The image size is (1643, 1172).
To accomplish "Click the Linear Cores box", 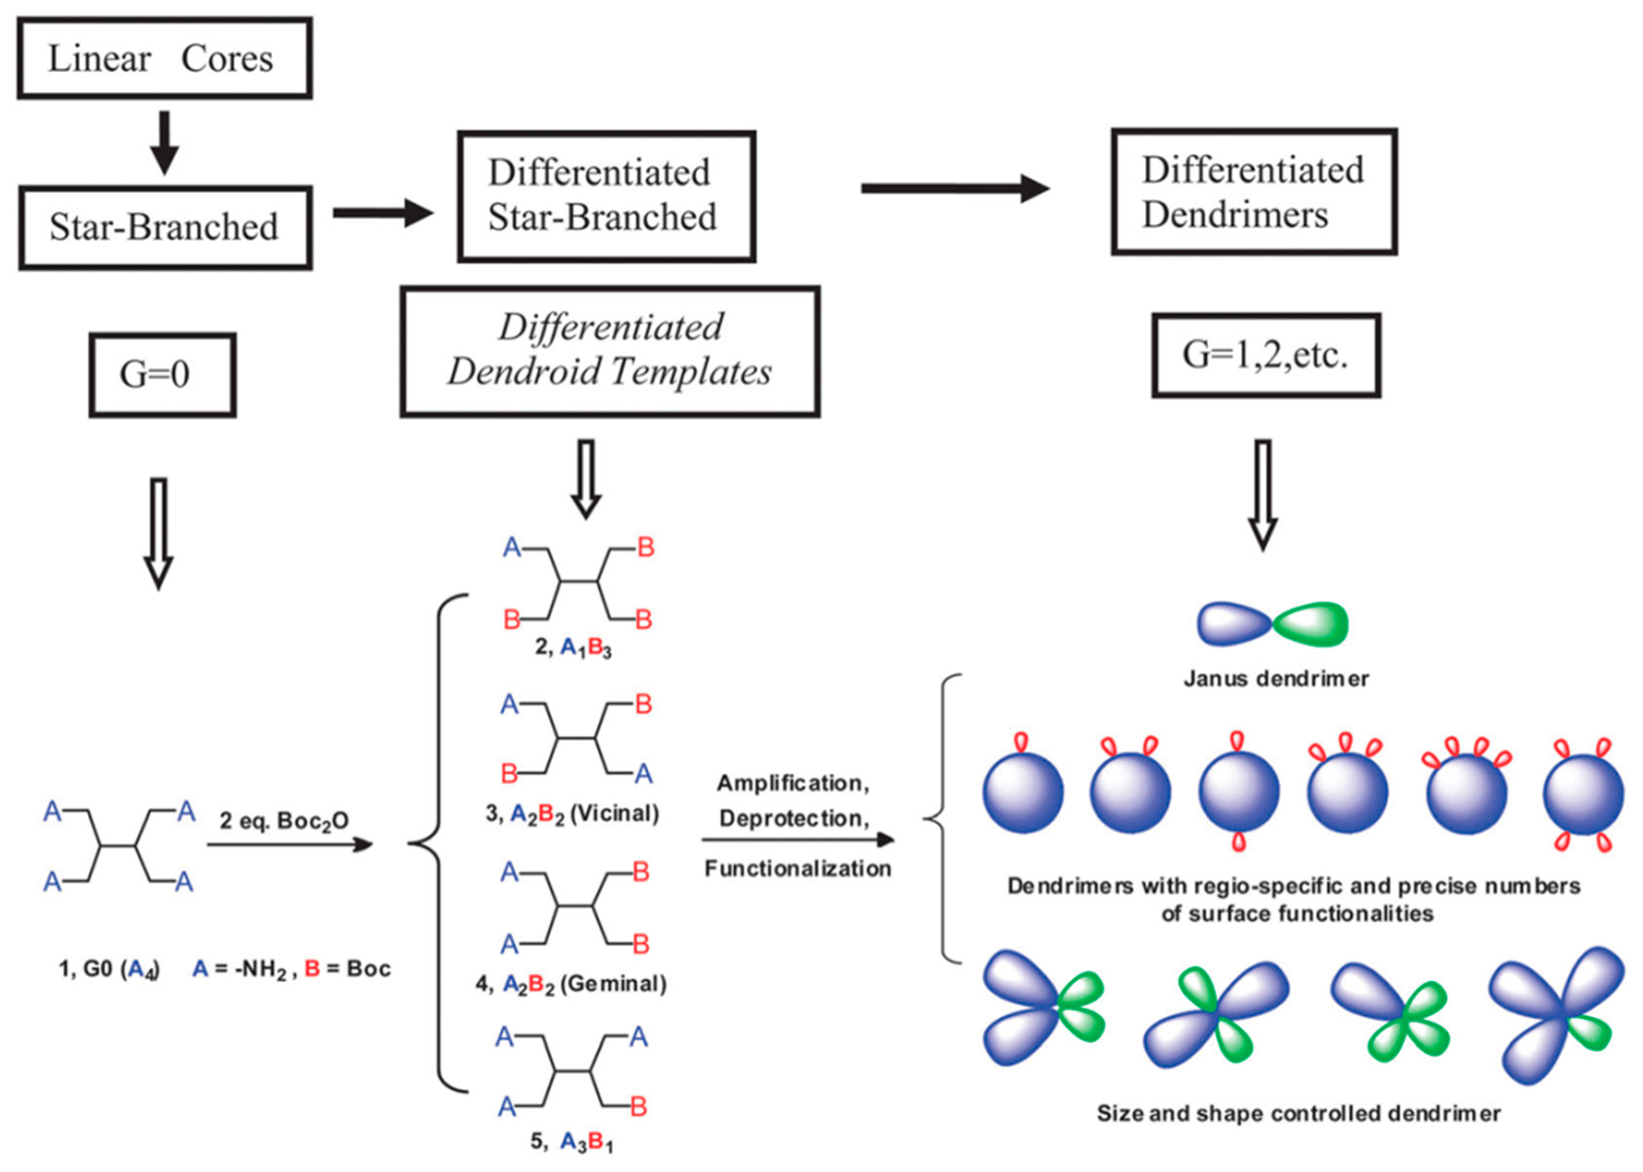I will pos(164,58).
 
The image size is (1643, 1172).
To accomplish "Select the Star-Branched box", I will pos(165,227).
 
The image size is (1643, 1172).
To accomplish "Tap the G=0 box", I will pos(162,374).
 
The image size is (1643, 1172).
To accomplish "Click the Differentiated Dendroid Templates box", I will pos(610,351).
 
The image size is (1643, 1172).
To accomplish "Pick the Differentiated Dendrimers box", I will pos(1253,192).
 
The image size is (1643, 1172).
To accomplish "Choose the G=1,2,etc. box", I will pos(1265,355).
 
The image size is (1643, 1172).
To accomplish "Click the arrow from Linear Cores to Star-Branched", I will pos(164,142).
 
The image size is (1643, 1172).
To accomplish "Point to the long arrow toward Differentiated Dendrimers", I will pos(955,188).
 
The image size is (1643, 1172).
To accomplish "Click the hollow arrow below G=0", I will pos(158,533).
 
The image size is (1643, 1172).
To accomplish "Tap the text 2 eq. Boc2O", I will pos(283,821).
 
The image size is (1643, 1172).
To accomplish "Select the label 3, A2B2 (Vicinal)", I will pos(572,813).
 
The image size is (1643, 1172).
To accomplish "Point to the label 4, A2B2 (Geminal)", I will pos(571,984).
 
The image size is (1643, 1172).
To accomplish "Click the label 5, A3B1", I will pos(572,1142).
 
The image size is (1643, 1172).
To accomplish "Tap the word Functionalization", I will pos(798,869).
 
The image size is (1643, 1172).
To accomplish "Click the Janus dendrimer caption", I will pos(1276,679).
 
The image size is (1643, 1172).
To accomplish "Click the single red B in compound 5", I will pos(638,1106).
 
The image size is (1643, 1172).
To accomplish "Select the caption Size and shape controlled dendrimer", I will pos(1298,1114).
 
